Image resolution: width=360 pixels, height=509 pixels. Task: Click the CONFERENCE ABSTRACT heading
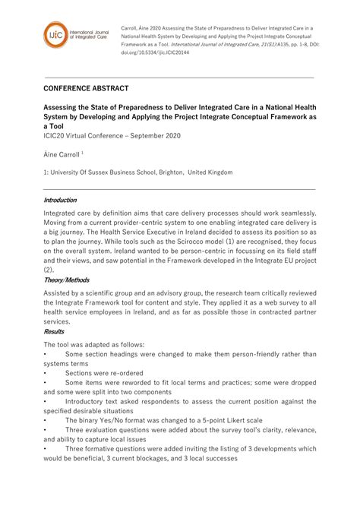click(86, 89)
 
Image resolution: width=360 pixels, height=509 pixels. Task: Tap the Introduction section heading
click(60, 201)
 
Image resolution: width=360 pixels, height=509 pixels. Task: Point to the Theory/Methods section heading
click(66, 280)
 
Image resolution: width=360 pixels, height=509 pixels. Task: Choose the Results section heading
click(54, 331)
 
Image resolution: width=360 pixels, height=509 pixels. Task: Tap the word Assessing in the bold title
click(65, 107)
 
